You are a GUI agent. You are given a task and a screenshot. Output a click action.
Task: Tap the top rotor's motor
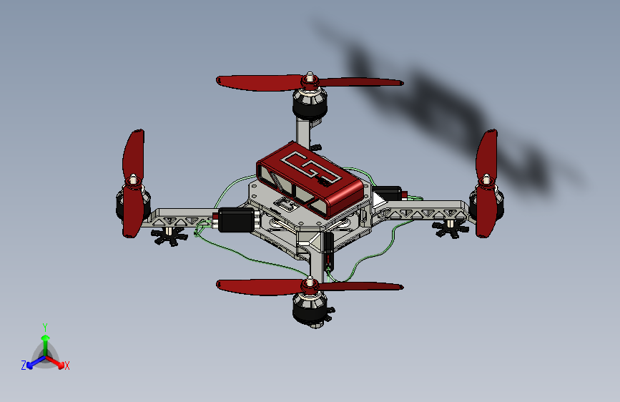[310, 106]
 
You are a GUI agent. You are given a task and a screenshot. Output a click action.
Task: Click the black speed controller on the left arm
[235, 220]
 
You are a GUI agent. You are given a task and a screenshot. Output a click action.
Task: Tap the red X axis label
[67, 366]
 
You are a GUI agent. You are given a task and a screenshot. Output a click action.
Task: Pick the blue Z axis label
[24, 365]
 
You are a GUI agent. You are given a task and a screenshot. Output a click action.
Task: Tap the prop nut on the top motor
[310, 75]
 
